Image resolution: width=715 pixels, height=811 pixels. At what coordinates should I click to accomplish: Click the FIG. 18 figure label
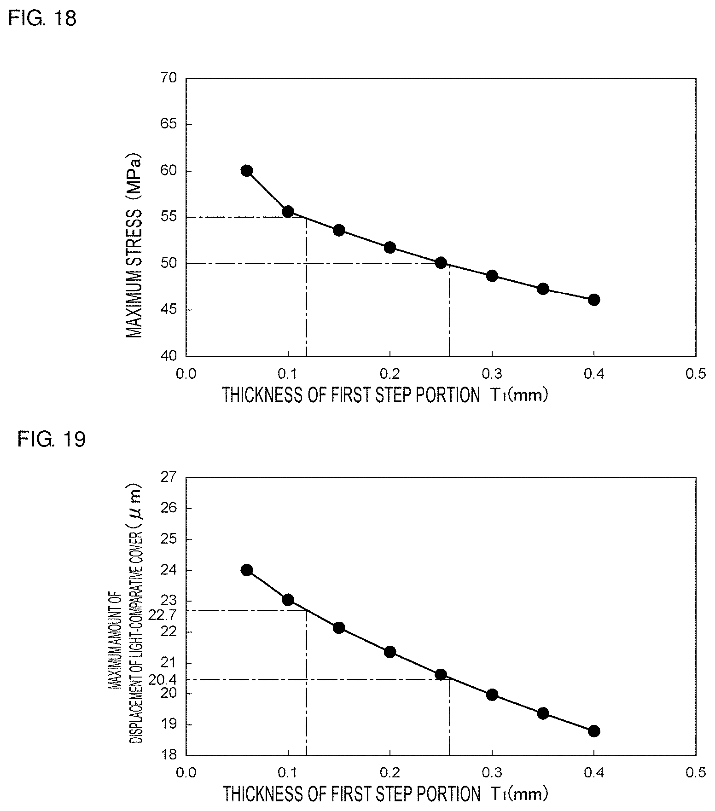[x=42, y=19]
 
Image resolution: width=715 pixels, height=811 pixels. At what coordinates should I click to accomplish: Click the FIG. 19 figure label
[x=52, y=440]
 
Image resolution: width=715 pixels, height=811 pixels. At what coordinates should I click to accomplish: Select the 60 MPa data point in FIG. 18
[x=247, y=171]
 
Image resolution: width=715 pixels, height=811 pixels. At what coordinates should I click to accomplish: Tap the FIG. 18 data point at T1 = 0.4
[x=594, y=300]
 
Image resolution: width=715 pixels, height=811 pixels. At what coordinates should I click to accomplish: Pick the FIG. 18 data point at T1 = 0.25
[x=441, y=263]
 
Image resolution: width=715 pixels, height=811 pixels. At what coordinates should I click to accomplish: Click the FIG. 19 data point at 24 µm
[x=247, y=570]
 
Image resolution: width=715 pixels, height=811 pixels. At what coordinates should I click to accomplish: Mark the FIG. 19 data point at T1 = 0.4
[x=594, y=731]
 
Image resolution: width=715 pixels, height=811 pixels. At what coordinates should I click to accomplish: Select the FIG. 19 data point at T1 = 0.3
[x=492, y=695]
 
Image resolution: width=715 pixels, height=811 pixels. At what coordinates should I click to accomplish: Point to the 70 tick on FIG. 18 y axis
[x=169, y=78]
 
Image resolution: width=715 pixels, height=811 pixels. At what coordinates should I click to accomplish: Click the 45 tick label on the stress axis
[x=169, y=310]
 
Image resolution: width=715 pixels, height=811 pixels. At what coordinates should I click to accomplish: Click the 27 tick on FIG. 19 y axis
[x=169, y=477]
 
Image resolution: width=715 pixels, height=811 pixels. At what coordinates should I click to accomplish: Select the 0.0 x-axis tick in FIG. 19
[x=186, y=773]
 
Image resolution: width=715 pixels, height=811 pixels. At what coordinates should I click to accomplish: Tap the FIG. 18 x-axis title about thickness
[x=385, y=395]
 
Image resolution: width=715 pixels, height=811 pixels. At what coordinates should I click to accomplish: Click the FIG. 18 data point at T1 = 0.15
[x=339, y=230]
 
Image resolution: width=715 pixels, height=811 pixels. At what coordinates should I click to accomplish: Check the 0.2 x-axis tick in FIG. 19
[x=390, y=773]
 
